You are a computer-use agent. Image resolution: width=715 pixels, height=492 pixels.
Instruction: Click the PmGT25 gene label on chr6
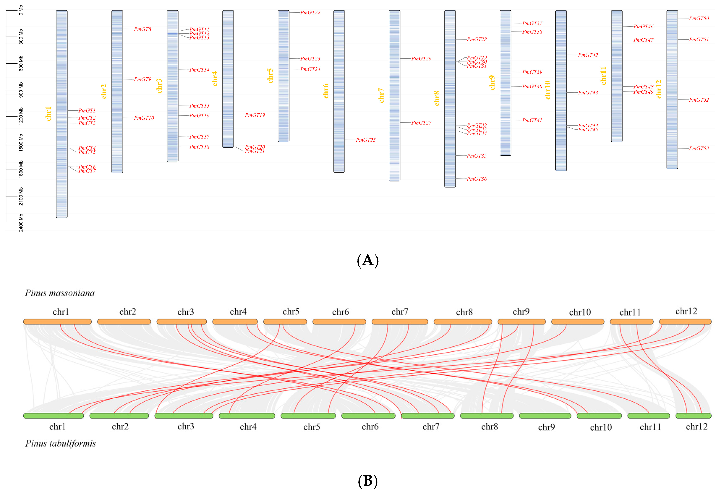coord(366,140)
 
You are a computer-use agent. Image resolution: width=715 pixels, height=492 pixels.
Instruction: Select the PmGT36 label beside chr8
coord(477,179)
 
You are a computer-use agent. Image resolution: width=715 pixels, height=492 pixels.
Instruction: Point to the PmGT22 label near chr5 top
coord(310,13)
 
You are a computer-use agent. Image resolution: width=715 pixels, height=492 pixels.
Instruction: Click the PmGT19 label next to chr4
coord(255,115)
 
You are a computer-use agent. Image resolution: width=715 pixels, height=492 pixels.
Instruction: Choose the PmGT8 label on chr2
coord(142,29)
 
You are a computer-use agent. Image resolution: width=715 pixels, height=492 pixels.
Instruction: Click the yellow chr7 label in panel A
coord(381,96)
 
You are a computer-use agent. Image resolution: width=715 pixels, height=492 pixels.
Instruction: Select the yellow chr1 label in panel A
coord(48,114)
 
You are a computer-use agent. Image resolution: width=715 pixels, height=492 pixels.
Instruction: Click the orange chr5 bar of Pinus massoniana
coord(285,322)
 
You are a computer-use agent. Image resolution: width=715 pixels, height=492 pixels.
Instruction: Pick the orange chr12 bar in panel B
coord(685,322)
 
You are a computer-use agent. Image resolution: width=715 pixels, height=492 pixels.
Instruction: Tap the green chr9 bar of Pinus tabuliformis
coord(545,416)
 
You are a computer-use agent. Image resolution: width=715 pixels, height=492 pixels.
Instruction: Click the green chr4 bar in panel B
coord(247,416)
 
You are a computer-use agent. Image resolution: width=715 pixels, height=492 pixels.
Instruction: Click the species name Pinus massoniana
coord(60,293)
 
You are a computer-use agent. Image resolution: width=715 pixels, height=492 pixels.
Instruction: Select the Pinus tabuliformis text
coord(60,443)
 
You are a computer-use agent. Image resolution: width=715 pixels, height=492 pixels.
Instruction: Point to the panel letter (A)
coord(368,261)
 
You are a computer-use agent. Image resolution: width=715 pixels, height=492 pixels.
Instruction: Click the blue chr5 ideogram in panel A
coord(283,76)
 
